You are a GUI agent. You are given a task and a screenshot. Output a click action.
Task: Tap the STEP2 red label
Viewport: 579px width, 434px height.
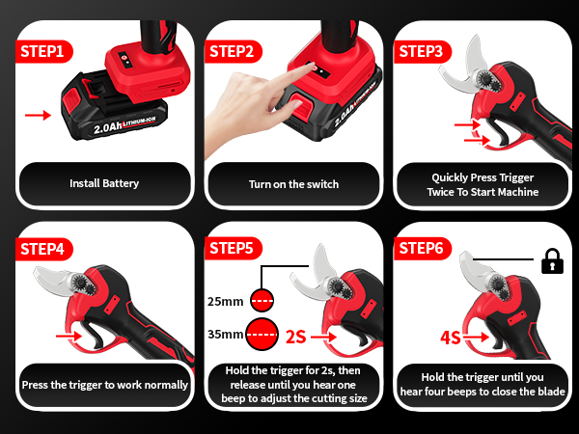click(233, 49)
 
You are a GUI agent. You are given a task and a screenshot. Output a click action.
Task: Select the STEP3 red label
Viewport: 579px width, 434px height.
click(422, 49)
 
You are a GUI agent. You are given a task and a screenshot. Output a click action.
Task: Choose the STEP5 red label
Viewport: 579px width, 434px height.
click(233, 249)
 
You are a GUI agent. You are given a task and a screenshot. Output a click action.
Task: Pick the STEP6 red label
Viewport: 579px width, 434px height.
click(422, 249)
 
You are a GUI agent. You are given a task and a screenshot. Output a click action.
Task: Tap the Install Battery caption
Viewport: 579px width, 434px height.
click(104, 183)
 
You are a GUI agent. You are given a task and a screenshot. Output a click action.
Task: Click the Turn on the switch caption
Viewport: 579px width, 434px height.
click(293, 183)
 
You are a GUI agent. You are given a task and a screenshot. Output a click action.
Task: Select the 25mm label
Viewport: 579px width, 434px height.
click(227, 300)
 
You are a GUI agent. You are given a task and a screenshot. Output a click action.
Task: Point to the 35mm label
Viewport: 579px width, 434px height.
click(227, 336)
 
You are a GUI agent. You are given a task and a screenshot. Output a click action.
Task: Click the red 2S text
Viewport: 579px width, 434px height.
click(296, 337)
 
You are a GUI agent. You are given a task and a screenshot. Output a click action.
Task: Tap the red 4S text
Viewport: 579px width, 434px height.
click(450, 338)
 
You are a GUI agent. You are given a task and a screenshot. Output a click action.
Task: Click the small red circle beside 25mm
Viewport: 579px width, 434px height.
click(261, 300)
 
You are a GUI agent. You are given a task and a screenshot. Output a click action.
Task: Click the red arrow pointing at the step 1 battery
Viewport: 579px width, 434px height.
click(38, 115)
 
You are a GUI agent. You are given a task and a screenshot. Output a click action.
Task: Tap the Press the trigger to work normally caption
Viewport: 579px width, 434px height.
click(104, 385)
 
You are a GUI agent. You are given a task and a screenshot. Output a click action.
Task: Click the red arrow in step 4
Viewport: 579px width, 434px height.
click(69, 337)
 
